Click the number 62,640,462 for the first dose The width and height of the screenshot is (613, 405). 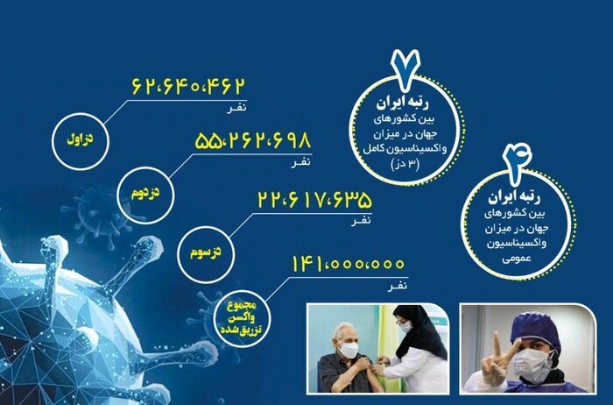coord(187,87)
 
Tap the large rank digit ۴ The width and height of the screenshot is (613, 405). coord(514,161)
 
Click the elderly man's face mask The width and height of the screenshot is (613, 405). coord(349,349)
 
